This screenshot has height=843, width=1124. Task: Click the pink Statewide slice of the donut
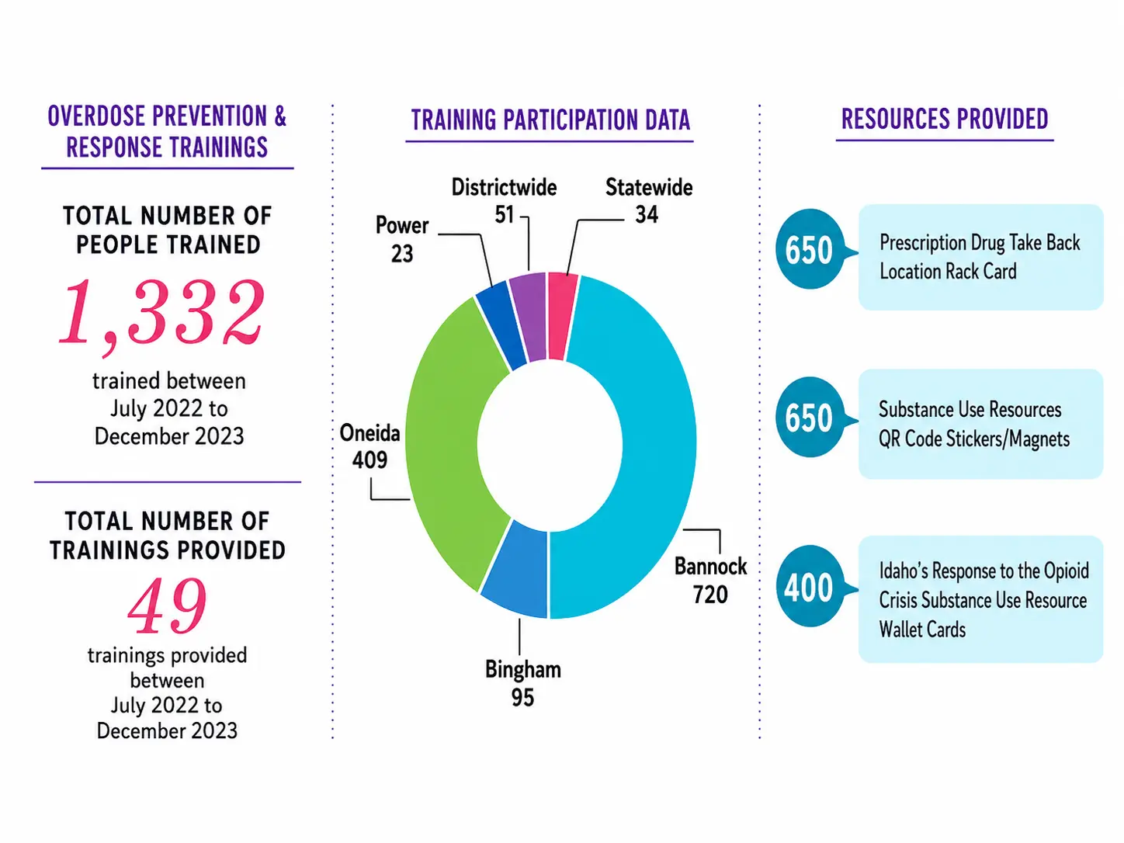tap(562, 316)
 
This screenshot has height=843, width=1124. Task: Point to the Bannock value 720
tap(710, 595)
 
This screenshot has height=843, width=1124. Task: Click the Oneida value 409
tap(369, 460)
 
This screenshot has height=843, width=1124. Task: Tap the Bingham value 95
tap(522, 698)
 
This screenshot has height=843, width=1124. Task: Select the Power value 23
tap(402, 254)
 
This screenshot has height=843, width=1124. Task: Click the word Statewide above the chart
tap(649, 187)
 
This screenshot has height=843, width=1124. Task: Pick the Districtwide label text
tap(504, 187)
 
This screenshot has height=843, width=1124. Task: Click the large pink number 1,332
tap(162, 314)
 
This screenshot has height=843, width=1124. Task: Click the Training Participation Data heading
tap(550, 120)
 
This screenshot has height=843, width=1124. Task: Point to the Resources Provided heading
tap(945, 119)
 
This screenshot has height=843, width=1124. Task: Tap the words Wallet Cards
tap(922, 630)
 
